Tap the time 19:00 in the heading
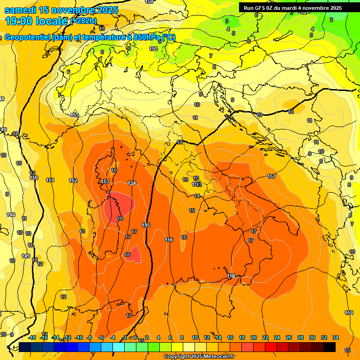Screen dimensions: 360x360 click(x=20, y=21)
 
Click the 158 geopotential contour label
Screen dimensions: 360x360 click(x=231, y=276)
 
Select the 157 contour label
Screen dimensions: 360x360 click(x=271, y=176)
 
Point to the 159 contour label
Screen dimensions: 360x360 click(x=349, y=313)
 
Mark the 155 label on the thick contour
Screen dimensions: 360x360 click(x=146, y=225)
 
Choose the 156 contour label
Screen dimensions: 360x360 click(x=169, y=240)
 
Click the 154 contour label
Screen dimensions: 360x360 click(x=132, y=183)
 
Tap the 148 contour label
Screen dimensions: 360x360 click(x=11, y=215)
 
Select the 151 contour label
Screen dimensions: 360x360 click(x=50, y=180)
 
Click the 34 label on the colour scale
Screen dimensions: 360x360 click(x=336, y=337)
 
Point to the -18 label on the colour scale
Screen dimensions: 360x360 click(x=32, y=337)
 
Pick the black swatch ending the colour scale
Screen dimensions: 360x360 click(x=330, y=347)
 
